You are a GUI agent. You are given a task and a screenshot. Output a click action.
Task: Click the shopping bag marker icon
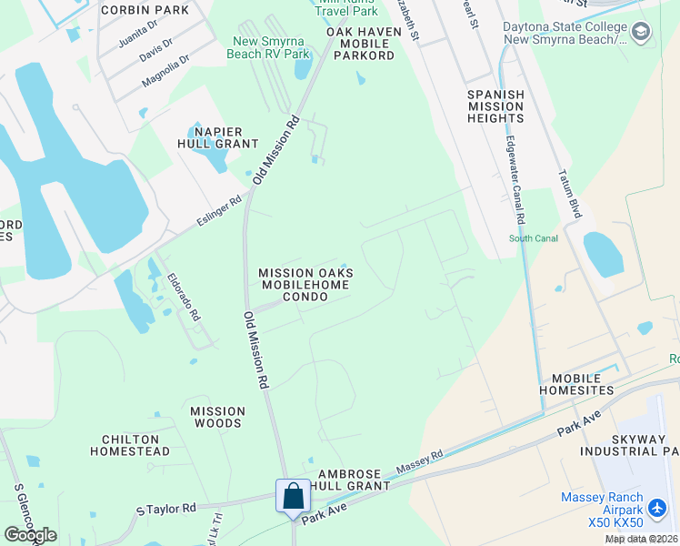coord(293,497)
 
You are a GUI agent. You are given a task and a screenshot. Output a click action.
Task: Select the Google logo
coord(30,535)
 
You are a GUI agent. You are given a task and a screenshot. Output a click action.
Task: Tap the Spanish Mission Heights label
coord(495,106)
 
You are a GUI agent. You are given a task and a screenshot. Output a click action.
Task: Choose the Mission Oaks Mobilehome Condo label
coord(305,285)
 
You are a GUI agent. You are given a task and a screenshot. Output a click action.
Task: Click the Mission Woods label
coord(217,417)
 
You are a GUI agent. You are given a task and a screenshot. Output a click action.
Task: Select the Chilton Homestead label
coord(130,445)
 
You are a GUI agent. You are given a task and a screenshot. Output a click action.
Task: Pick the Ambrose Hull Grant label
coord(355,480)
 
